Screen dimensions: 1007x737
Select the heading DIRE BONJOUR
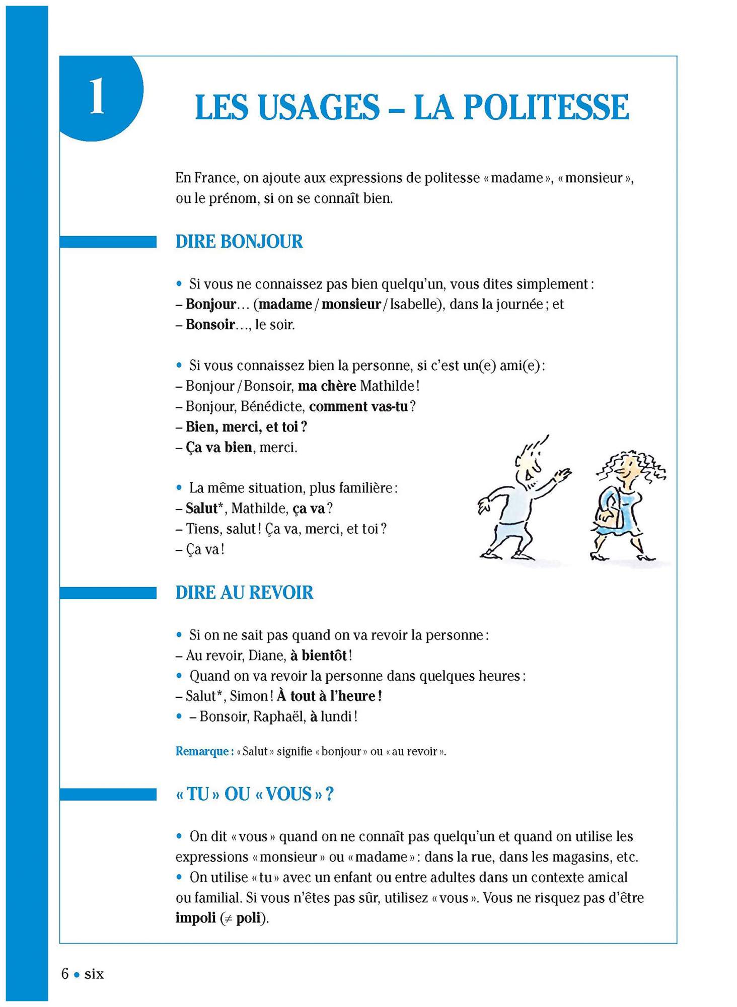239,242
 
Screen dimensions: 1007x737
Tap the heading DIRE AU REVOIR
244,593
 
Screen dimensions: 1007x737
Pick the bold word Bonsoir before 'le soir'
210,325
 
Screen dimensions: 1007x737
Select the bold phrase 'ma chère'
327,386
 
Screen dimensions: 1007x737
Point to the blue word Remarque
202,752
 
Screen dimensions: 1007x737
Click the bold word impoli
195,918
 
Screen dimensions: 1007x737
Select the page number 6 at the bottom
65,974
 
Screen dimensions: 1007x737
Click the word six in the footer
94,974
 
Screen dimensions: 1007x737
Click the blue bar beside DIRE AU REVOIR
108,593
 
